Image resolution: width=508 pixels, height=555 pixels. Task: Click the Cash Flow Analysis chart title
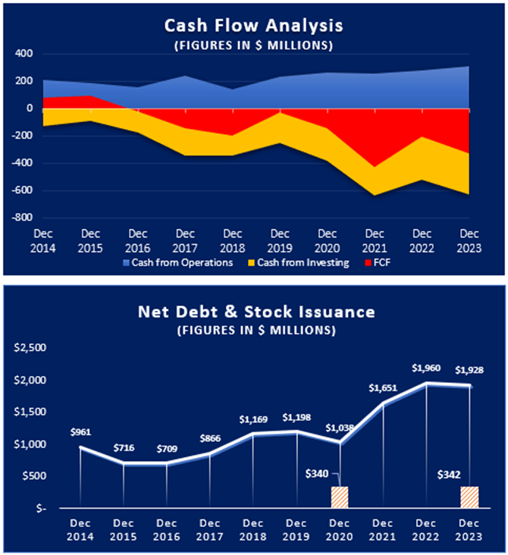pyautogui.click(x=254, y=26)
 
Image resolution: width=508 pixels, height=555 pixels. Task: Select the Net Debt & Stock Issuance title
pyautogui.click(x=253, y=310)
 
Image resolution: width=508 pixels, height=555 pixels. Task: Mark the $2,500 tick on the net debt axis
pyautogui.click(x=30, y=348)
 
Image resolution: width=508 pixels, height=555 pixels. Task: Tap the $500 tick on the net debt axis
pyautogui.click(x=33, y=476)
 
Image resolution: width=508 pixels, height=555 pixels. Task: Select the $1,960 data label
pyautogui.click(x=425, y=368)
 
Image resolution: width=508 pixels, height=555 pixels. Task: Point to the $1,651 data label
pyautogui.click(x=382, y=388)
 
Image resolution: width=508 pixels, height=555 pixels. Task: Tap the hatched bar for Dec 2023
pyautogui.click(x=470, y=497)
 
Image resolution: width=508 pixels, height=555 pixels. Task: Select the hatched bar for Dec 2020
pyautogui.click(x=339, y=497)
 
